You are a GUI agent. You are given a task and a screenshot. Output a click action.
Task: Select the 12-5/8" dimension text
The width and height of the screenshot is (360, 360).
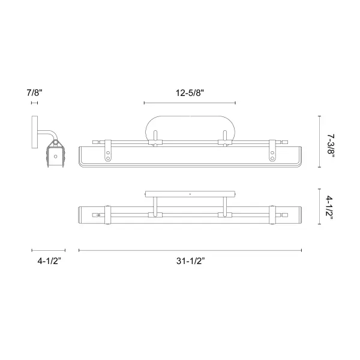click(190, 92)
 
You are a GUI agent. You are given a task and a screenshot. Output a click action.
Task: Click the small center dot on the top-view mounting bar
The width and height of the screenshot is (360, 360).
click(190, 194)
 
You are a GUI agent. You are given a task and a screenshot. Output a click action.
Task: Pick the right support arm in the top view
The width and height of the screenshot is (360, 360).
click(226, 207)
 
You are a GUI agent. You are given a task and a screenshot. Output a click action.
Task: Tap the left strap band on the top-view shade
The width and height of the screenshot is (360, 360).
click(107, 214)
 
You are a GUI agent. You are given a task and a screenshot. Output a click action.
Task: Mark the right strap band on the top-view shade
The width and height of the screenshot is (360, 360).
click(273, 214)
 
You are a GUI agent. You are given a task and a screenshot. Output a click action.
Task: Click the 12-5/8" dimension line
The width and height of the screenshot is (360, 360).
click(190, 103)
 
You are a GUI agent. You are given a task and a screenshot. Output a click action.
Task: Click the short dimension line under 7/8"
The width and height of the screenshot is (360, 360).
click(34, 103)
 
